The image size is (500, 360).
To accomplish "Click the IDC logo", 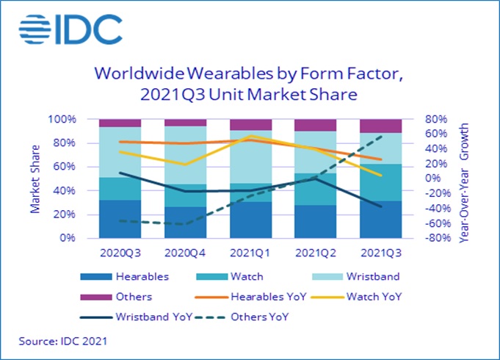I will point(70,29).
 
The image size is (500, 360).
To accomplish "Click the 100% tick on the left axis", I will point(63,119).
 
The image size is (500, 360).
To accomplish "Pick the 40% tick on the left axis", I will point(66,191).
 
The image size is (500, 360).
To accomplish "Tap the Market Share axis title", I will point(35,179).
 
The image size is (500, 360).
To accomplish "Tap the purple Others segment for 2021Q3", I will point(380,126).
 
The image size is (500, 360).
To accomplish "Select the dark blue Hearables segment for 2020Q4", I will point(186,223).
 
